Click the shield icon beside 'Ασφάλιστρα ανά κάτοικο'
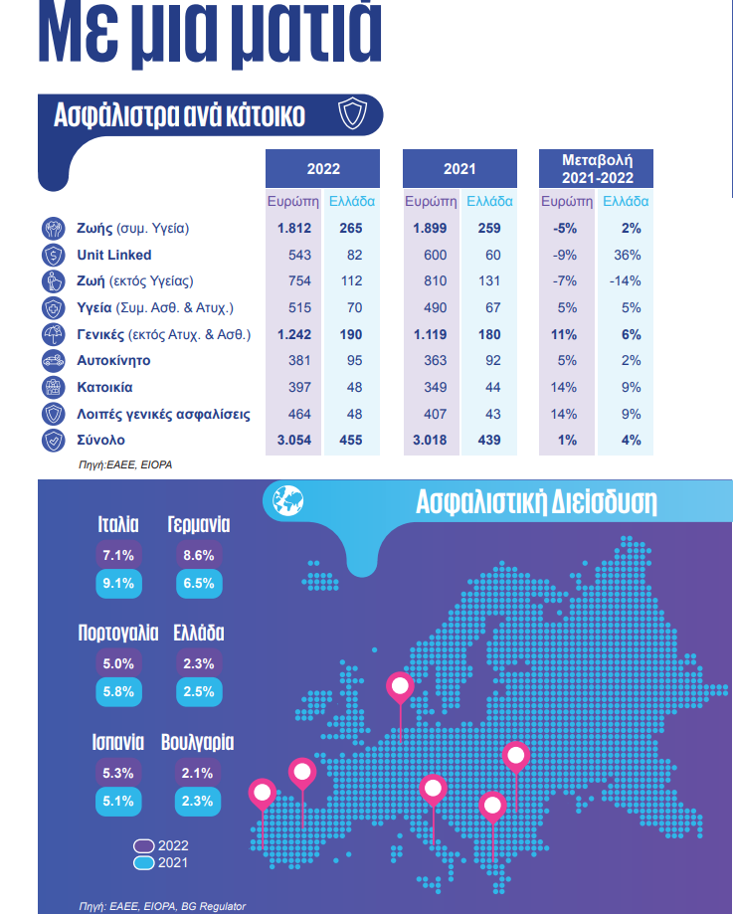pyautogui.click(x=353, y=114)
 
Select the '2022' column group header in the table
pyautogui.click(x=323, y=169)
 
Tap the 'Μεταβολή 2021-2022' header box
pyautogui.click(x=596, y=168)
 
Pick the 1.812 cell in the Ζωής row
pyautogui.click(x=294, y=229)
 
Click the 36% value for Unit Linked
pyautogui.click(x=627, y=255)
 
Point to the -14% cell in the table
pyautogui.click(x=627, y=280)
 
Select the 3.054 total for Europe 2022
pyautogui.click(x=294, y=440)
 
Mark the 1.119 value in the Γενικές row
pyautogui.click(x=431, y=334)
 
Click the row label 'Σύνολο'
pyautogui.click(x=101, y=440)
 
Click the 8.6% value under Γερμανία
pyautogui.click(x=199, y=556)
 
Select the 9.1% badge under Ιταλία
pyautogui.click(x=117, y=584)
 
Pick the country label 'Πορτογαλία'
pyautogui.click(x=118, y=634)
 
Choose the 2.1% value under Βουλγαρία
pyautogui.click(x=199, y=773)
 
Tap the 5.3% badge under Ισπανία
pyautogui.click(x=117, y=773)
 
